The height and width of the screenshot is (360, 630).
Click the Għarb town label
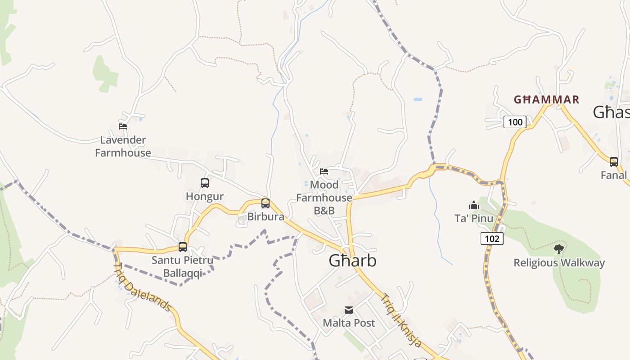(352, 261)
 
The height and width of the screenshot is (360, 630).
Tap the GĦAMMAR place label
(547, 99)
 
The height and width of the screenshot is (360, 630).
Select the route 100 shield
(515, 122)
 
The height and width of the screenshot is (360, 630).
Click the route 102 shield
(492, 238)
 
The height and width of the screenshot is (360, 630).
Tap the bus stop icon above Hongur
(205, 183)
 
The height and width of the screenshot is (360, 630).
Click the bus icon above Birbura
(265, 203)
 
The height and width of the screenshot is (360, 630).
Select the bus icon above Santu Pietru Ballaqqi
(183, 247)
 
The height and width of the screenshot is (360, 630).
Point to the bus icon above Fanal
(614, 162)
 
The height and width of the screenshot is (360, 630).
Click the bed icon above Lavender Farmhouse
(123, 126)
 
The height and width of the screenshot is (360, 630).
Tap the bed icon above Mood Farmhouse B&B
(324, 171)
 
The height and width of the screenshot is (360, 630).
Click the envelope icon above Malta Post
(349, 310)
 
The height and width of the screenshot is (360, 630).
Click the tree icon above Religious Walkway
(559, 249)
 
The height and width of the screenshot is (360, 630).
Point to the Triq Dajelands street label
(143, 288)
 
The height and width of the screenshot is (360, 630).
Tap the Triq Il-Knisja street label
(401, 320)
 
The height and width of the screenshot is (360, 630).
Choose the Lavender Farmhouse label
(123, 146)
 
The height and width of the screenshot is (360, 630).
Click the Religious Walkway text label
(559, 263)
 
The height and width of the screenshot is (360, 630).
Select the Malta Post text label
(349, 323)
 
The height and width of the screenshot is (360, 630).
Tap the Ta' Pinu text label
(473, 219)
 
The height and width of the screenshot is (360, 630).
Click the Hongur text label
(205, 197)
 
